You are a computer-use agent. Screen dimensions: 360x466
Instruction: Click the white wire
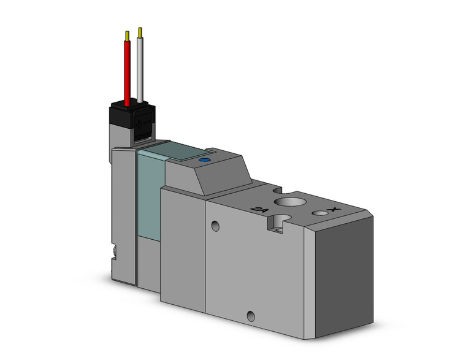tap(140, 71)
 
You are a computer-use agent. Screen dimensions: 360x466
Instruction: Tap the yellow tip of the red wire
tap(127, 36)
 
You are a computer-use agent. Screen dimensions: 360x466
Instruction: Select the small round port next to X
tap(319, 213)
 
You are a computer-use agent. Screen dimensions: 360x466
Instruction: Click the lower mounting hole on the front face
tap(250, 316)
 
